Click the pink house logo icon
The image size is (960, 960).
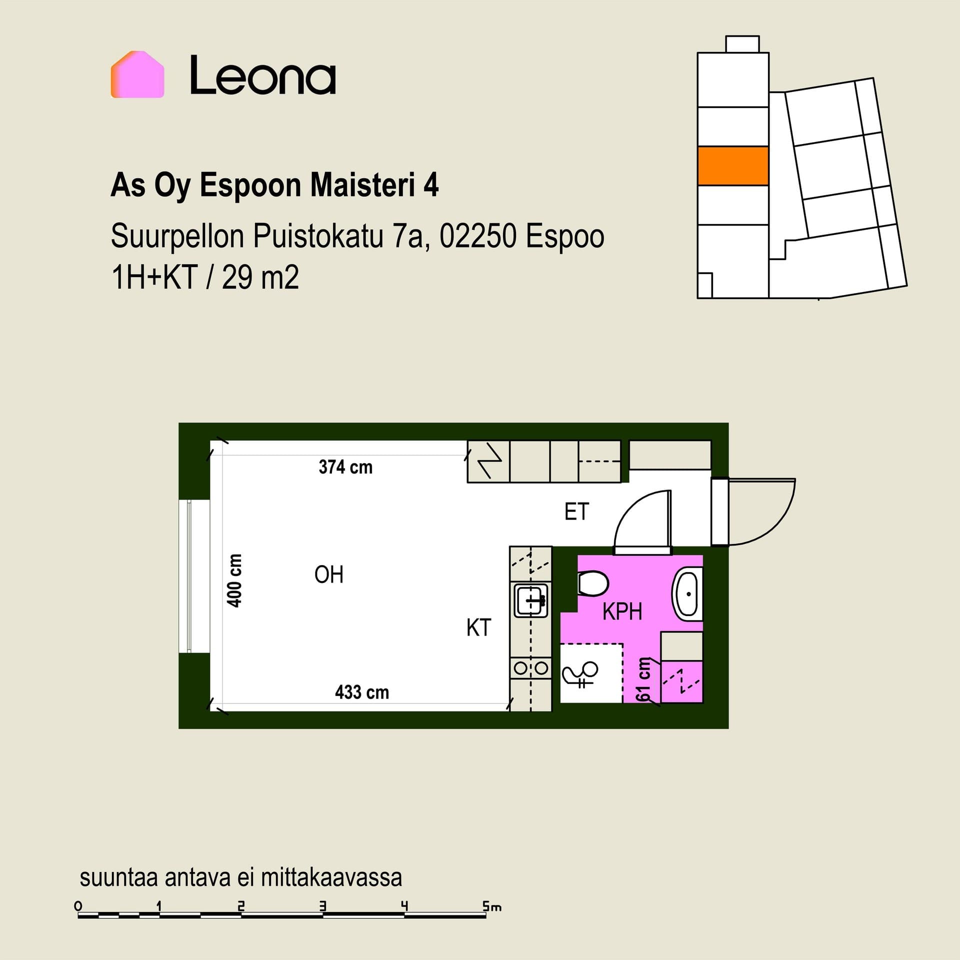point(137,74)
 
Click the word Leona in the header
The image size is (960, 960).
point(262,75)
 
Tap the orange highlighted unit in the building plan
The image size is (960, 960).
point(733,166)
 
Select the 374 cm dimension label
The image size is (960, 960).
point(345,467)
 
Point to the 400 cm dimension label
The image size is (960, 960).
point(234,580)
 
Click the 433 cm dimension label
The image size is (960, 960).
point(362,692)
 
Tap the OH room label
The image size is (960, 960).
point(329,575)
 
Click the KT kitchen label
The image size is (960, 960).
point(479,627)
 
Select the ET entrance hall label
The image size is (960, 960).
point(577,511)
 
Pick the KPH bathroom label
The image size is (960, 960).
point(622,611)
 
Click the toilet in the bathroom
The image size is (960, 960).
point(593,583)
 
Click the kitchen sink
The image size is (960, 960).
point(530,600)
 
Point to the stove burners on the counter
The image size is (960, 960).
point(530,667)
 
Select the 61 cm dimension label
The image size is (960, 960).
point(643,681)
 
